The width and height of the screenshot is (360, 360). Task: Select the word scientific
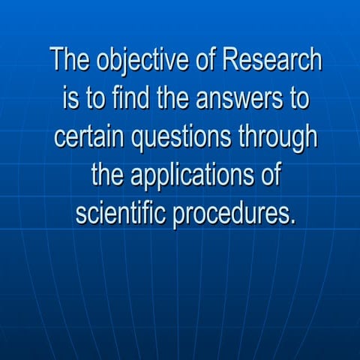[121, 216]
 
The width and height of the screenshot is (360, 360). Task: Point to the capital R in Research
[239, 61]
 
